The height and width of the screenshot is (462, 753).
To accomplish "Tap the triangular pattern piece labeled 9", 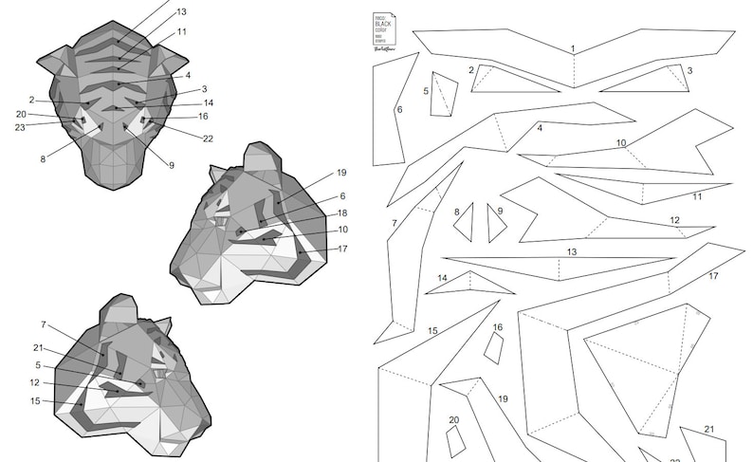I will [x=495, y=224].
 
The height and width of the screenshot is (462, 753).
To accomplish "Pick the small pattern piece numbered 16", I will [x=493, y=347].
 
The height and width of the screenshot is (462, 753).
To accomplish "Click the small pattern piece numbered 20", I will [x=456, y=441].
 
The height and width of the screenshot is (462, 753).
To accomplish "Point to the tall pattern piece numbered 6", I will [x=394, y=109].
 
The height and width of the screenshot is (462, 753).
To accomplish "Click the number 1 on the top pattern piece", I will [x=573, y=48].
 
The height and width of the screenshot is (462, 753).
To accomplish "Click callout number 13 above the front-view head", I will [x=180, y=11].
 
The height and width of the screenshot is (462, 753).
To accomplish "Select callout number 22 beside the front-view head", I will [x=208, y=139].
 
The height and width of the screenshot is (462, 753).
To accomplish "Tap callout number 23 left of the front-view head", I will [x=20, y=126].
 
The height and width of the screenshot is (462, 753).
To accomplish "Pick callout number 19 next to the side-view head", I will [x=341, y=173].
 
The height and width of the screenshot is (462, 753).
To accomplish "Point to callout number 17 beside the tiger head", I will [x=341, y=249].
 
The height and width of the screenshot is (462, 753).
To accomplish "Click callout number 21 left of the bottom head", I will [x=38, y=347].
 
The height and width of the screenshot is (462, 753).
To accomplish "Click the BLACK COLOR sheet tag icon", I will [x=384, y=28].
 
